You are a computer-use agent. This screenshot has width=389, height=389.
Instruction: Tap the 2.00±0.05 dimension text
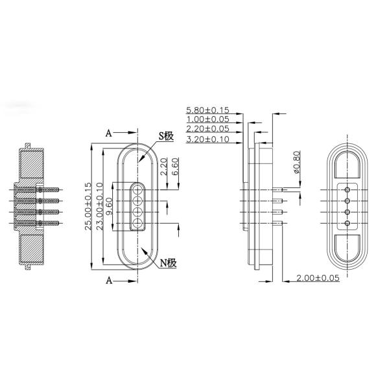click(x=318, y=277)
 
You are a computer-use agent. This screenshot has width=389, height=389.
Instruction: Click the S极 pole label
click(x=166, y=136)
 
